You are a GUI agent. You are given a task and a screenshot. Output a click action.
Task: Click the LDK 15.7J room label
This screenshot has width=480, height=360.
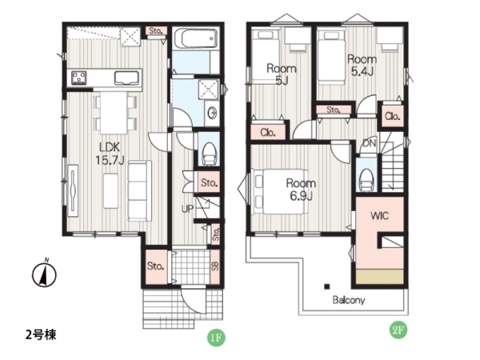pyautogui.click(x=110, y=153)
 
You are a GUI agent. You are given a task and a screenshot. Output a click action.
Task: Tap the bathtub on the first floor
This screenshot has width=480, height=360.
pyautogui.click(x=196, y=39)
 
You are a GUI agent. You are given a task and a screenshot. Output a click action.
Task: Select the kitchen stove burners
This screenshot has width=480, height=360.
pyautogui.click(x=78, y=77)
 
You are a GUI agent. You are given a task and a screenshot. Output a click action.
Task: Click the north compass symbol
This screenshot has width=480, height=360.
pyautogui.click(x=44, y=274)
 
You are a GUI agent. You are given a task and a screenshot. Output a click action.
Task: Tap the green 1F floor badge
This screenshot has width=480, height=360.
pyautogui.click(x=216, y=338)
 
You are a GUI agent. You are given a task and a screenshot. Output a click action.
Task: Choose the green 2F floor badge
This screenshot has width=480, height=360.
pyautogui.click(x=398, y=330)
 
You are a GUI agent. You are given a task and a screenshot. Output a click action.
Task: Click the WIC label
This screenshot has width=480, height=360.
pyautogui.click(x=379, y=216)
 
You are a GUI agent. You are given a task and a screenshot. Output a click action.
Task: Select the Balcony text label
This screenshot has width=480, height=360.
pyautogui.click(x=349, y=300)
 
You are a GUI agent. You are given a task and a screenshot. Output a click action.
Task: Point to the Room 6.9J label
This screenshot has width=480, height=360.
pyautogui.click(x=301, y=190)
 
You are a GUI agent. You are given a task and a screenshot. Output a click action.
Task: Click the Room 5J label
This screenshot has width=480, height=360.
pyautogui.click(x=282, y=74)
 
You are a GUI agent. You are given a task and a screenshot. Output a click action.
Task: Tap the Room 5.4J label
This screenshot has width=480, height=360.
pyautogui.click(x=362, y=66)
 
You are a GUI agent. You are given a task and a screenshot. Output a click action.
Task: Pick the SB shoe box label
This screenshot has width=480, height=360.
pyautogui.click(x=215, y=266)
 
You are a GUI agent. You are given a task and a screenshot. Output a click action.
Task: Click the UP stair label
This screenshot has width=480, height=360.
pyautogui.click(x=187, y=209)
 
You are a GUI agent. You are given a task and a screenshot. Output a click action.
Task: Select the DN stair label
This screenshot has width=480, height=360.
pyautogui.click(x=369, y=142)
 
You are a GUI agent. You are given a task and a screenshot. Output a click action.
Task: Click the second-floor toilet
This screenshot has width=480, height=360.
pyautogui.click(x=366, y=179)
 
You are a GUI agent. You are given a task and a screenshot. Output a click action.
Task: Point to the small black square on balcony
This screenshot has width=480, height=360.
pyautogui.click(x=327, y=286)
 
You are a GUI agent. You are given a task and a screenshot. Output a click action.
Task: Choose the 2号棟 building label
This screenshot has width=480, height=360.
pyautogui.click(x=41, y=335)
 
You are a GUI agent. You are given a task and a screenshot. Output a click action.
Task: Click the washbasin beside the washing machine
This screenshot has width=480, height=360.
pyautogui.click(x=212, y=114)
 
